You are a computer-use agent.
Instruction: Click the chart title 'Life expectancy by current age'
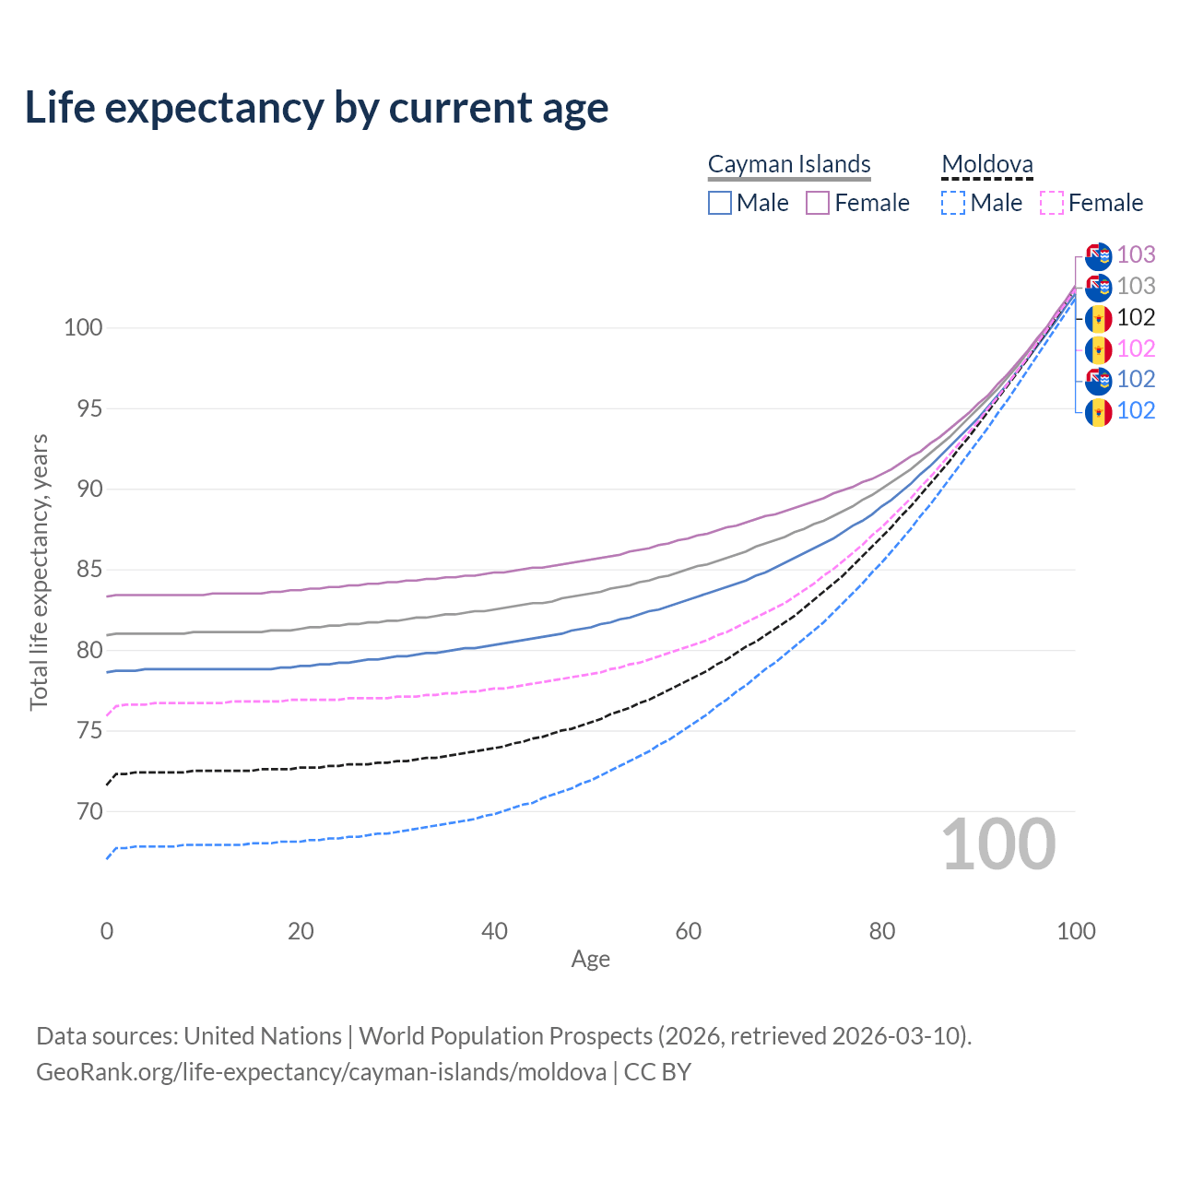(316, 108)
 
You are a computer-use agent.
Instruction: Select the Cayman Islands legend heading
(789, 164)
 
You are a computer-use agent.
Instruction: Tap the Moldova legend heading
(987, 164)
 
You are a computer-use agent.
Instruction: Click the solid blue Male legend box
(720, 203)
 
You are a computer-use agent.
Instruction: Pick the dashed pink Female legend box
(1052, 203)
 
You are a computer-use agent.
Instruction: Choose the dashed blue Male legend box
(953, 203)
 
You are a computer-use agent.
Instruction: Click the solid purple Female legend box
(818, 203)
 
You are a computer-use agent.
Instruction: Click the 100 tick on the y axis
(83, 327)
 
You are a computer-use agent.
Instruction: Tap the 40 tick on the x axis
(495, 931)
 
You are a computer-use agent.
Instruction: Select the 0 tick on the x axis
(107, 931)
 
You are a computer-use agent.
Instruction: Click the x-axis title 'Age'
(590, 960)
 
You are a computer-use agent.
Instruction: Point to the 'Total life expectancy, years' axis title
(39, 572)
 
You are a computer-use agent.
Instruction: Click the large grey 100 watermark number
(998, 844)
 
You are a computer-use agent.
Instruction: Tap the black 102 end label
(1136, 318)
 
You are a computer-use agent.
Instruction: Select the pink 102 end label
(1136, 348)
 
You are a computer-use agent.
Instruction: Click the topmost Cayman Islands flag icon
(1098, 256)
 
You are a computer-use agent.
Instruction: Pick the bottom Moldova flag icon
(1098, 411)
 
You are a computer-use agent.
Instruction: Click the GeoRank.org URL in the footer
(321, 1072)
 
